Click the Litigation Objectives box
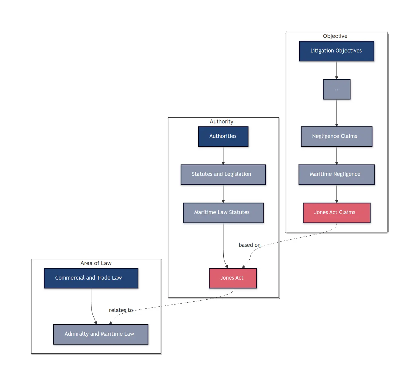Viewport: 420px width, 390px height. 336,51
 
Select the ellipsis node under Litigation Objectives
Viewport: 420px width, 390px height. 336,89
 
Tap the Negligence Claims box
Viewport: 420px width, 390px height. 336,136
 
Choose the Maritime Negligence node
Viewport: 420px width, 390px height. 336,174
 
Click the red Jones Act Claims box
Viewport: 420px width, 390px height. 336,213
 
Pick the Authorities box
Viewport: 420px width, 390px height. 223,136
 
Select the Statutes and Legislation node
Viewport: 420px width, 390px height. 223,174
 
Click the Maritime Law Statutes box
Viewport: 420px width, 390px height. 223,213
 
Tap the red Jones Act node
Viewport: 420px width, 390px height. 232,278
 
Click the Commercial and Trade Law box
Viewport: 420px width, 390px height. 91,278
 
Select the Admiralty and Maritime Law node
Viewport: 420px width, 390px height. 101,334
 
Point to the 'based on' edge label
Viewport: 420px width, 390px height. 249,245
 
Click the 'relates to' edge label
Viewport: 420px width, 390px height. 121,310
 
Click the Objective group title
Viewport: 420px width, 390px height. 335,36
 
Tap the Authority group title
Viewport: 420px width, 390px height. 221,122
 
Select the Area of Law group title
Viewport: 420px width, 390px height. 96,263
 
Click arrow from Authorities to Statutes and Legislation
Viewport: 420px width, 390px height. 223,156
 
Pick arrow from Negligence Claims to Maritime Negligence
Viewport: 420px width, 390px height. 336,156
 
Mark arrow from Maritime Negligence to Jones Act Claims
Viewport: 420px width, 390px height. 336,194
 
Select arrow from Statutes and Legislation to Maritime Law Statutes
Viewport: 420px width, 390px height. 223,194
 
